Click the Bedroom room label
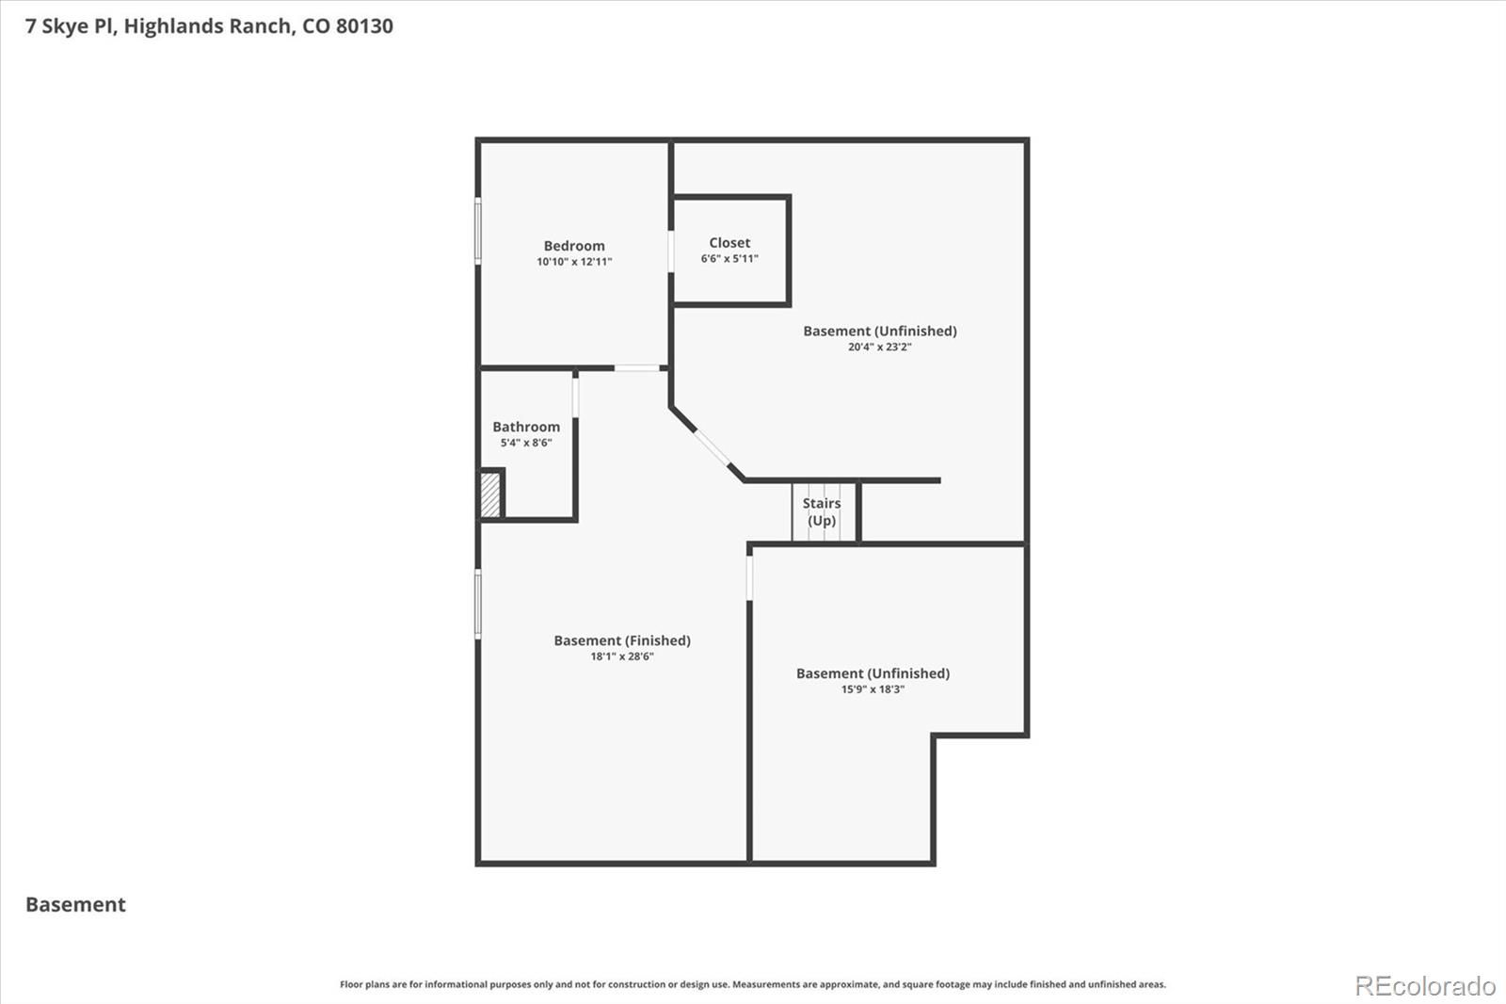[574, 246]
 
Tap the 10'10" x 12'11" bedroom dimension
[574, 262]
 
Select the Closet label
[729, 242]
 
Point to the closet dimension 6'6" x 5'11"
[729, 258]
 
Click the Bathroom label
[526, 427]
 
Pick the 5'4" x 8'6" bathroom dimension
[526, 443]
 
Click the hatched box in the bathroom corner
[490, 495]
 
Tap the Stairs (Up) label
[822, 512]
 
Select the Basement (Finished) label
[622, 640]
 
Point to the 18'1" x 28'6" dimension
[622, 656]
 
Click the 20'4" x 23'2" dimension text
[879, 348]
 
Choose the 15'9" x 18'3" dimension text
[873, 689]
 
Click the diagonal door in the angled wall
[712, 447]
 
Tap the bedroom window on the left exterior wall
[478, 231]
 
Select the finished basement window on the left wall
[478, 604]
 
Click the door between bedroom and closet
[671, 251]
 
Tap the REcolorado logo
[1425, 986]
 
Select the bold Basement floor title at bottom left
[75, 904]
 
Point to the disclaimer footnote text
[753, 984]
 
